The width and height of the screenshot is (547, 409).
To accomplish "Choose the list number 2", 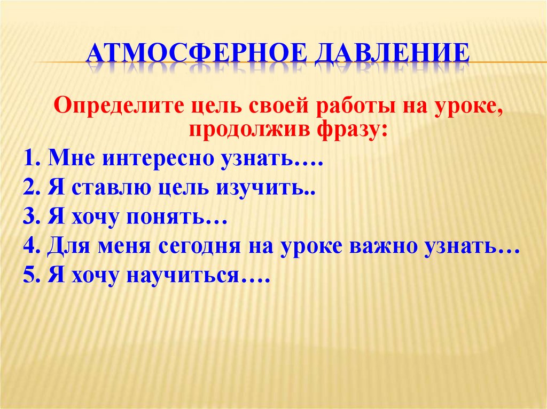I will click(x=30, y=189).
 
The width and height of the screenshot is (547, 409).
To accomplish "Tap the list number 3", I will click(x=30, y=218).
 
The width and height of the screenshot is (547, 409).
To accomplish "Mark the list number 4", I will click(x=30, y=247).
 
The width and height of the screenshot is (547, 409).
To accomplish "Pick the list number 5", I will click(x=30, y=277).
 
